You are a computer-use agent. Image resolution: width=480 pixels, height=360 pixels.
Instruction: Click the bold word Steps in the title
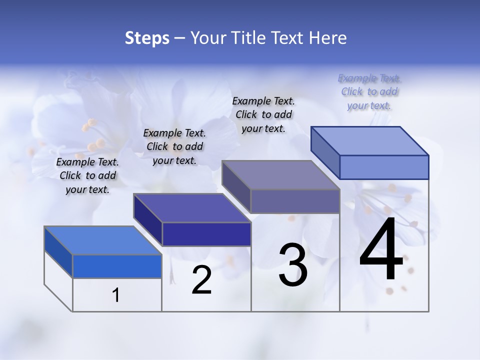(x=147, y=38)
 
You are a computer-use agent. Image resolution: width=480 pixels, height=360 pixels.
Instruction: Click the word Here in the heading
(x=327, y=38)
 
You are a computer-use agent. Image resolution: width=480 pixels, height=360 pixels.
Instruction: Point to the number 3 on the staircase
(x=293, y=265)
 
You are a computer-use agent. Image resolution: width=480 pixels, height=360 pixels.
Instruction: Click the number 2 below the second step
(x=201, y=280)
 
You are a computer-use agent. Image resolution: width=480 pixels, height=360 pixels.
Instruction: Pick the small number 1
(x=116, y=295)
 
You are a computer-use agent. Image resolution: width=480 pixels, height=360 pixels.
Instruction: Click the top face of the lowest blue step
(x=102, y=240)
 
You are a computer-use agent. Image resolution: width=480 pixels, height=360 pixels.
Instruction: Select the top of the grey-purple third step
(x=280, y=175)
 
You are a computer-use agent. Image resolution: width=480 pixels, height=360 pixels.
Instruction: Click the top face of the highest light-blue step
(x=369, y=140)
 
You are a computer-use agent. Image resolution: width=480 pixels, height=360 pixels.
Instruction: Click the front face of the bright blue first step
(x=117, y=266)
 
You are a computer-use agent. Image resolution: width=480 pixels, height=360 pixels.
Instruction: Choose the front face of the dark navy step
(x=206, y=234)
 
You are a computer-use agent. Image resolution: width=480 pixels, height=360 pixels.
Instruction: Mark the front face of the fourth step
(x=384, y=167)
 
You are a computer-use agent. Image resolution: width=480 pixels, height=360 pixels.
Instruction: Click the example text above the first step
(x=87, y=175)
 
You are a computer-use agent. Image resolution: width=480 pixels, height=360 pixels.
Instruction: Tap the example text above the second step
(x=174, y=146)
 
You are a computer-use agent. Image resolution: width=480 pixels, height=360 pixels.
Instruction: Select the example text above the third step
(x=263, y=114)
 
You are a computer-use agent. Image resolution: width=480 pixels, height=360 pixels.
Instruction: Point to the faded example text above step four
(x=369, y=91)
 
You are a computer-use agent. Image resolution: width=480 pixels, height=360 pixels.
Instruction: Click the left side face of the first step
(x=58, y=252)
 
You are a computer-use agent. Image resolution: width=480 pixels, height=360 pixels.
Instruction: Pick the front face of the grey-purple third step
(x=295, y=201)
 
